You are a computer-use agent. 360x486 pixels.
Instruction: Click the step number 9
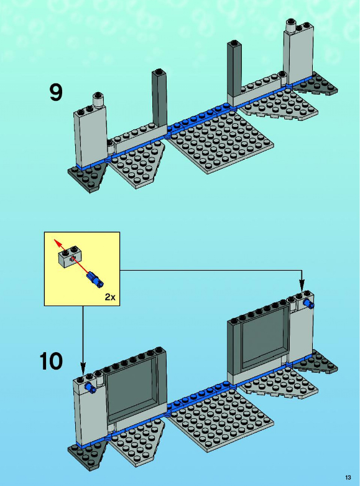pos(56,92)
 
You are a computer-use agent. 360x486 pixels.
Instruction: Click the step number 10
pos(51,361)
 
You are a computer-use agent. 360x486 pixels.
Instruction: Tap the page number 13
pos(348,477)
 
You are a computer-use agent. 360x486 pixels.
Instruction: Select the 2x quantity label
pos(110,297)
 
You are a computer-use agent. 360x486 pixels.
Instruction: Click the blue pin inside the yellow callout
pos(95,279)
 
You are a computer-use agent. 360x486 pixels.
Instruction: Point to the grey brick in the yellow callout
pos(70,256)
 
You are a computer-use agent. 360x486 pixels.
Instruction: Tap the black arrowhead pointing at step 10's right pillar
pos(302,285)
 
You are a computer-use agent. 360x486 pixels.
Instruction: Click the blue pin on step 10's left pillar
pos(90,388)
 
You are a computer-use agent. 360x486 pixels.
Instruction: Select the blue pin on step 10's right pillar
pos(309,304)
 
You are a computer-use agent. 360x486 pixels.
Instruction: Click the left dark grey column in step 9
pos(159,98)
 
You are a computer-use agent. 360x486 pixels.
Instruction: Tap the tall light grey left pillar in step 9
pos(90,136)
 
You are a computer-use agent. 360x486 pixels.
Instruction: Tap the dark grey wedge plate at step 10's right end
pos(316,363)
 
